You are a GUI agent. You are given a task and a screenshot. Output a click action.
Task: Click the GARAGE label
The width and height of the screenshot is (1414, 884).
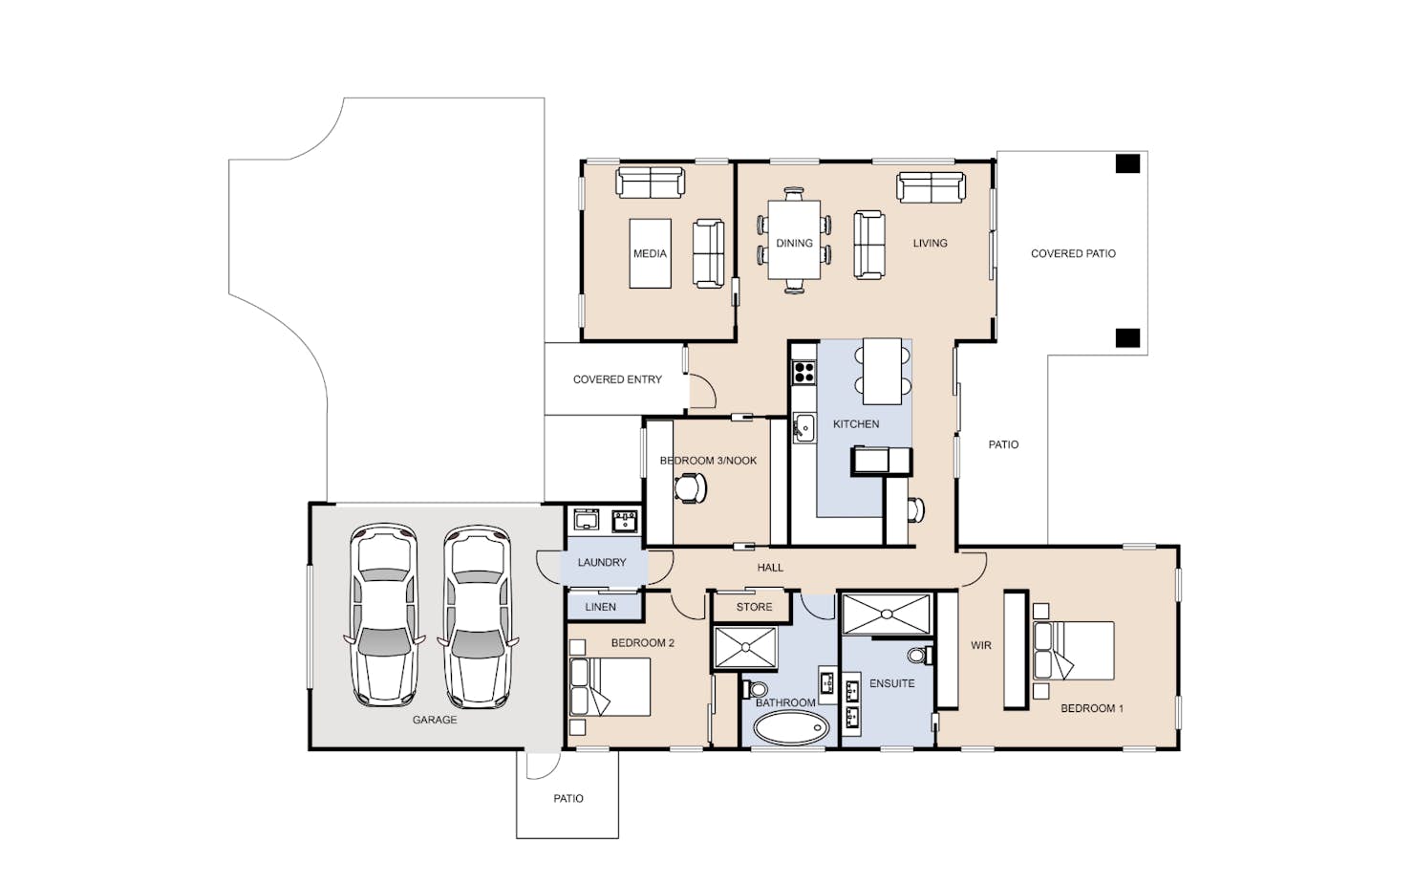pos(435,720)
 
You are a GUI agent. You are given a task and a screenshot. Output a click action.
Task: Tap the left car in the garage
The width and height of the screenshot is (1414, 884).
pos(384,614)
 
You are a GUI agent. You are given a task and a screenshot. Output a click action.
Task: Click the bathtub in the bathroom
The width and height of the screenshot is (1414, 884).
pos(791,728)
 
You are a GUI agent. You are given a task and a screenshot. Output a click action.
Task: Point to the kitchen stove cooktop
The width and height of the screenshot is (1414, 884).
pos(804,372)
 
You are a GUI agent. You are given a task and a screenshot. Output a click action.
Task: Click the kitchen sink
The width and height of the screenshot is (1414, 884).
pos(804,428)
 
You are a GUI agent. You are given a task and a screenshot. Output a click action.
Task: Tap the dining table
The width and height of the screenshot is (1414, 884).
pos(794,240)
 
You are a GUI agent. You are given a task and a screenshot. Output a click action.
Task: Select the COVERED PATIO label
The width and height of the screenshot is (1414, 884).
pos(1073,253)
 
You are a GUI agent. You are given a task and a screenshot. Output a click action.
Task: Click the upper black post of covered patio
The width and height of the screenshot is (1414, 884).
pos(1127,163)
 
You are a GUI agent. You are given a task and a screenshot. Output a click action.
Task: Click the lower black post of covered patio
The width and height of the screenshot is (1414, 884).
pos(1127,337)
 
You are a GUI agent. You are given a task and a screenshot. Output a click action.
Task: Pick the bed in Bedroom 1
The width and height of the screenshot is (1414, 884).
pos(1073,651)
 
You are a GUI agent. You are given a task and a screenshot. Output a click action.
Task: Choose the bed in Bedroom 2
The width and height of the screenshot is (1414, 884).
pos(610,686)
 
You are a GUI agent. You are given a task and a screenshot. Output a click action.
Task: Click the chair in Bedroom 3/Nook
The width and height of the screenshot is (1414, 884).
pos(691,488)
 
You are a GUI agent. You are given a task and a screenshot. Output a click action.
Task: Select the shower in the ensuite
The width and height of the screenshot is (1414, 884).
pos(887,614)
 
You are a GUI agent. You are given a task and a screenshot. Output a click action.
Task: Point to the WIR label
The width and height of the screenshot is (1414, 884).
pos(981,645)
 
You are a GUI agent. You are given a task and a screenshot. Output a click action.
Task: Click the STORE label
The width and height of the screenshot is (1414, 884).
pos(754,607)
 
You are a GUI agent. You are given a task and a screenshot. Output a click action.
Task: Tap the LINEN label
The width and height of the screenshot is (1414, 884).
pos(600,607)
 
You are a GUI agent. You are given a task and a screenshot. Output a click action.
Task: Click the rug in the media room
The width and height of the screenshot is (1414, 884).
pos(651,253)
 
